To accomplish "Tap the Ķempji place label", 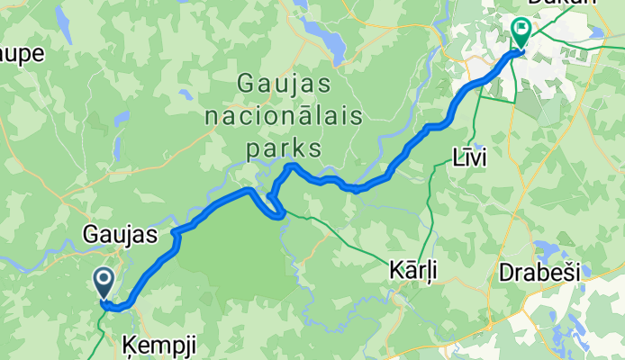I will click(158, 344).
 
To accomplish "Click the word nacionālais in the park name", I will click(284, 116).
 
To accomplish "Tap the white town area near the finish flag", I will click(558, 54).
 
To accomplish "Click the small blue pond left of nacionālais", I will click(185, 94).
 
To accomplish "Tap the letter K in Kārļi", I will click(394, 270).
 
